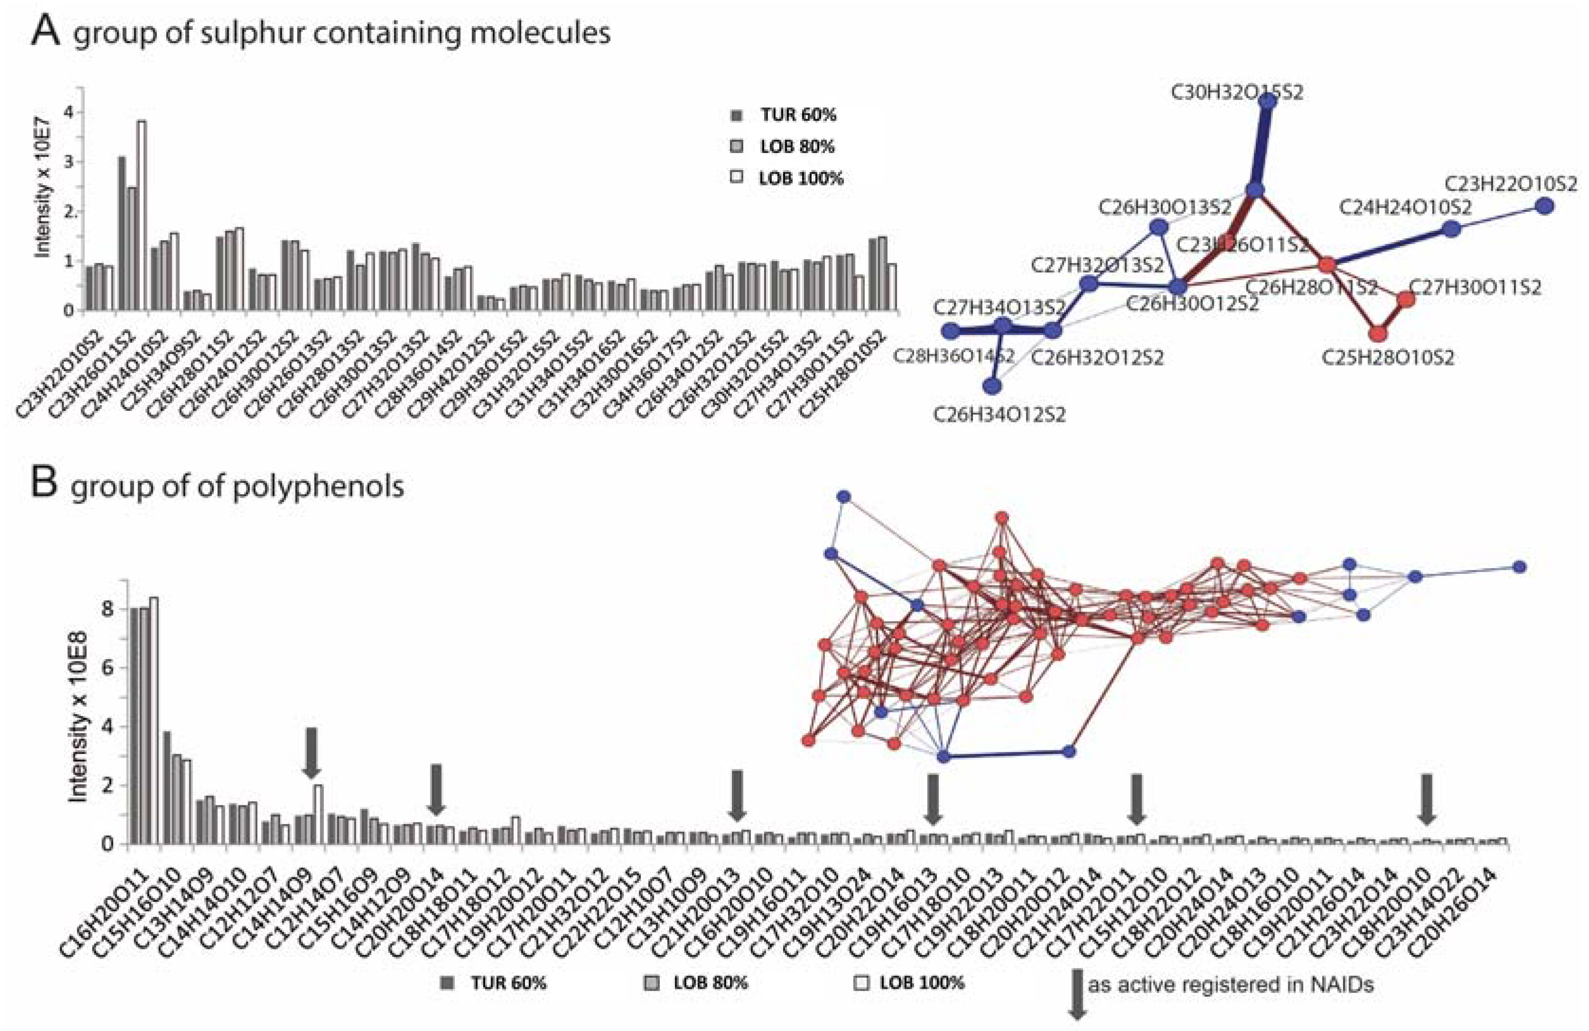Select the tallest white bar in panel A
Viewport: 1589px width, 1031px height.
click(x=141, y=215)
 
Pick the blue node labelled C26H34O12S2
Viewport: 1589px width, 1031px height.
click(x=993, y=386)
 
